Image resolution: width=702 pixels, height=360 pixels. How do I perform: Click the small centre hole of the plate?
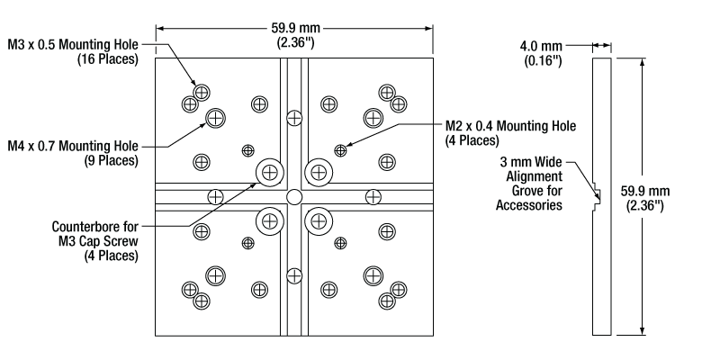click(x=293, y=196)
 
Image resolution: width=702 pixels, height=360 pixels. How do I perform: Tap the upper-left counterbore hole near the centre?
click(x=269, y=171)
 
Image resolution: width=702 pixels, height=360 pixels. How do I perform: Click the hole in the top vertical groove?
click(x=293, y=117)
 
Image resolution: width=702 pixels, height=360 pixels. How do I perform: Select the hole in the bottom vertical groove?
click(x=293, y=275)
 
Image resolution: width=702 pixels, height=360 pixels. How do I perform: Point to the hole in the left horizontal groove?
click(x=215, y=196)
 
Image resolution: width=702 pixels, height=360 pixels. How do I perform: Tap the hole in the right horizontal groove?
click(x=373, y=196)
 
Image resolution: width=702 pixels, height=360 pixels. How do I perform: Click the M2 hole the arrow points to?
click(x=340, y=149)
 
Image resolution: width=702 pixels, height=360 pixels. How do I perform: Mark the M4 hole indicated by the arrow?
click(x=216, y=117)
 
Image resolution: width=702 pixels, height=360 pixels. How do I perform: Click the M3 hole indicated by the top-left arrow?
click(x=202, y=92)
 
